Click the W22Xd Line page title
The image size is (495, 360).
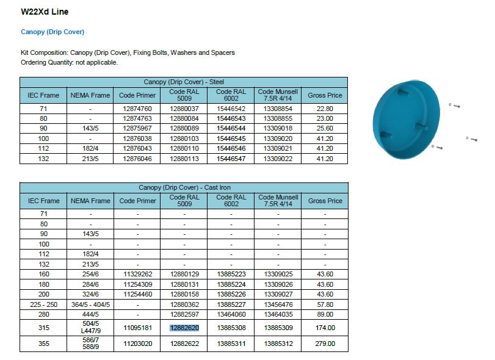tap(45, 12)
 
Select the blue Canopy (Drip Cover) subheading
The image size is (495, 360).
tap(52, 32)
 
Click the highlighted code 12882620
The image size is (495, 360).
tap(184, 328)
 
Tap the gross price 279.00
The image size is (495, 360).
tap(325, 344)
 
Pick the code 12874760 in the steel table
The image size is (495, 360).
tap(137, 109)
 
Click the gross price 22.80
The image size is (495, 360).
tap(325, 109)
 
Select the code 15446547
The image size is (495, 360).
tap(231, 159)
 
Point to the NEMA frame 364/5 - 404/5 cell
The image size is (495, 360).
tap(90, 304)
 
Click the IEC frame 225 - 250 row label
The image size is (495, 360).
tap(43, 304)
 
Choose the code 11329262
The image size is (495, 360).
tap(137, 274)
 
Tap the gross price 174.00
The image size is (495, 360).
tap(325, 328)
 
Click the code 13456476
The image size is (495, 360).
tap(278, 304)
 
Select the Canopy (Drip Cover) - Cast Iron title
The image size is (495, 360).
tap(184, 187)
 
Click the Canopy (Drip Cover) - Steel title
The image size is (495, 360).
tap(184, 82)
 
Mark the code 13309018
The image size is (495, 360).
tap(278, 129)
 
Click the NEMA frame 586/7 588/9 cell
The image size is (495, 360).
tap(90, 344)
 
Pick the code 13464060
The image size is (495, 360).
tap(231, 314)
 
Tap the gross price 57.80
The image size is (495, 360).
tap(325, 304)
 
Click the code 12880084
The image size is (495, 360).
tap(184, 118)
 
